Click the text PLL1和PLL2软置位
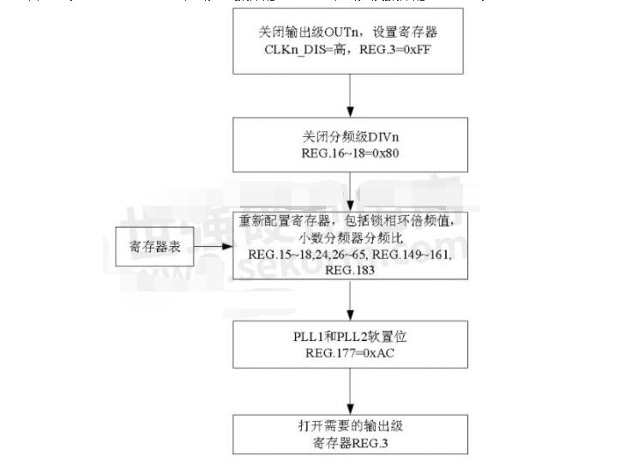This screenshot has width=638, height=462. click(x=347, y=337)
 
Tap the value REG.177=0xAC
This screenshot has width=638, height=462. click(x=347, y=353)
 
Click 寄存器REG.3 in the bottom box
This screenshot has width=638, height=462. click(x=349, y=443)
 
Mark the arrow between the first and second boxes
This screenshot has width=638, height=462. click(x=349, y=95)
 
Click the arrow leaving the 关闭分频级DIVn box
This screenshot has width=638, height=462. click(x=349, y=189)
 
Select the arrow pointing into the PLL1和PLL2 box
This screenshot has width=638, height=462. click(x=349, y=300)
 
